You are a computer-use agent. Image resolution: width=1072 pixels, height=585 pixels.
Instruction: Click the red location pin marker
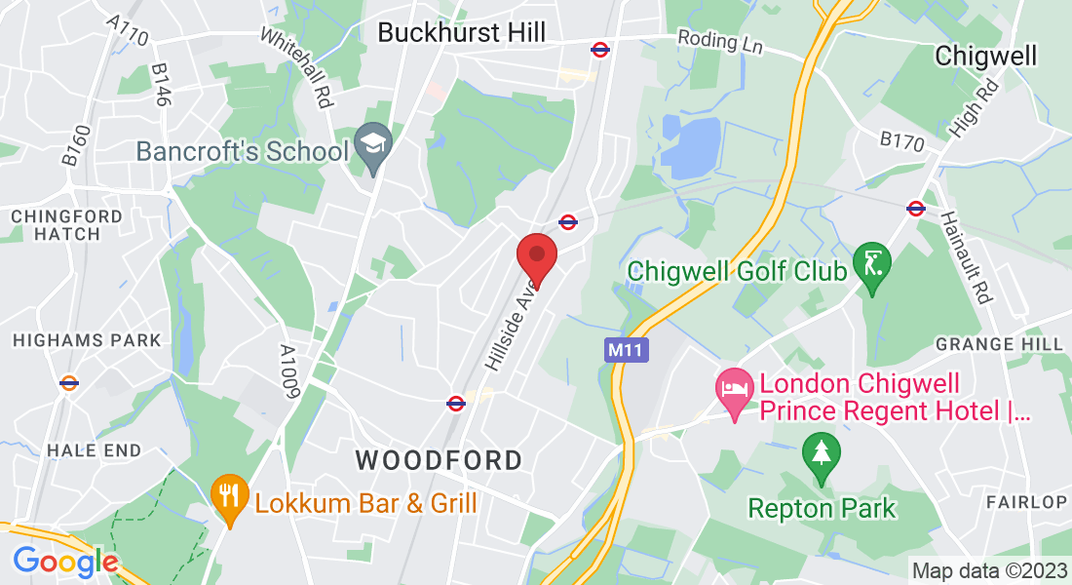click(536, 255)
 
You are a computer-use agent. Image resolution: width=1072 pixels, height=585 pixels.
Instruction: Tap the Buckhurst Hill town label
click(462, 32)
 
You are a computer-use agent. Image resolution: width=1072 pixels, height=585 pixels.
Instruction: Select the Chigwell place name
click(985, 56)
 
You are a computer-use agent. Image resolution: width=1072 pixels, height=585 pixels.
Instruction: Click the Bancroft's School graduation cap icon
click(372, 143)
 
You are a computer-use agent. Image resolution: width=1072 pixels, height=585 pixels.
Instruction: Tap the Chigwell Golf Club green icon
click(871, 265)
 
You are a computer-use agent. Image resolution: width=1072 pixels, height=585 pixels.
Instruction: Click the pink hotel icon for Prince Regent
click(734, 389)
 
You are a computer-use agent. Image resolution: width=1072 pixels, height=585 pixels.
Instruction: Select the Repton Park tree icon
click(821, 455)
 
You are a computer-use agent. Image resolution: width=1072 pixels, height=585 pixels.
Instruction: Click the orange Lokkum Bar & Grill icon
click(229, 496)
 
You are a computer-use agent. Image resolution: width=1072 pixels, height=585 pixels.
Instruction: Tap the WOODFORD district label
click(439, 459)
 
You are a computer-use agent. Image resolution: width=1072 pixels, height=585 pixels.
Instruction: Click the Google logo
click(65, 562)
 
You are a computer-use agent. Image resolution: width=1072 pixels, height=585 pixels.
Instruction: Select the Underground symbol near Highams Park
click(68, 383)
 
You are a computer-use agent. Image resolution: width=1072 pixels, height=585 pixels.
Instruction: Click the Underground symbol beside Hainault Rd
click(915, 208)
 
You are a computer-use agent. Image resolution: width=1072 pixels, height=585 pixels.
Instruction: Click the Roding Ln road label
click(721, 42)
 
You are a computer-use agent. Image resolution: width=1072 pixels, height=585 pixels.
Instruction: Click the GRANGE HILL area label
click(999, 345)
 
